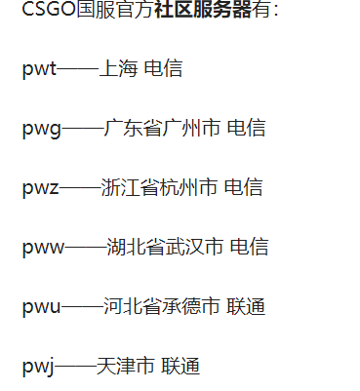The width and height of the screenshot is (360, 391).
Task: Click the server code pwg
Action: point(42,128)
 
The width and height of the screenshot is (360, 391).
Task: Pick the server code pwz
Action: point(41,187)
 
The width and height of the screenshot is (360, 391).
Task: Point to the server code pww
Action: point(44,247)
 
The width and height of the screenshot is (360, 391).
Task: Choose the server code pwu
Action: point(42,306)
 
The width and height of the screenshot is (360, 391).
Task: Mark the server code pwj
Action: point(38,366)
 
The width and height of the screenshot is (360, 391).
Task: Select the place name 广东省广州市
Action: point(161,128)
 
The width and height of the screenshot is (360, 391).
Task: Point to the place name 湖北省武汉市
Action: point(165,247)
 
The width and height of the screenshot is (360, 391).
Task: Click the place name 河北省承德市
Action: point(161,306)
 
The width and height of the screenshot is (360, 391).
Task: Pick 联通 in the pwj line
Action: point(180,366)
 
